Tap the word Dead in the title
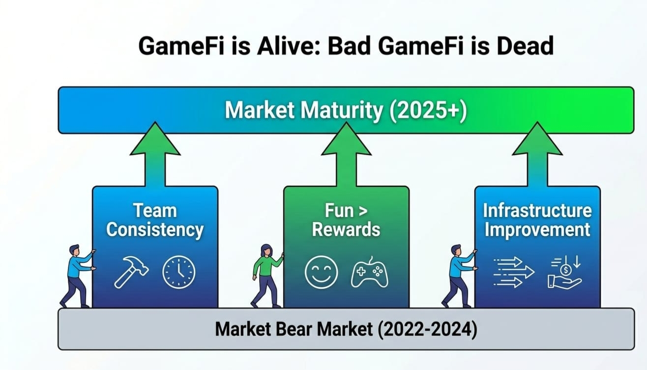[525, 46]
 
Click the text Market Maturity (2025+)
[346, 110]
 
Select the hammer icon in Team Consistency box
[131, 272]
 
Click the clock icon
[179, 272]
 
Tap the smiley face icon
[321, 272]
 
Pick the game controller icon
[369, 273]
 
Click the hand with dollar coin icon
[565, 272]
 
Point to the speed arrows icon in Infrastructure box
[514, 272]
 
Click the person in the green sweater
[267, 276]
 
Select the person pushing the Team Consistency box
[78, 276]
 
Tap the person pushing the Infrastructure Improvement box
[459, 276]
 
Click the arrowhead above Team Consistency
[155, 139]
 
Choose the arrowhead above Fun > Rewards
[346, 139]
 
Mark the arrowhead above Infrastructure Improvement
[537, 139]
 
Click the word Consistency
[155, 230]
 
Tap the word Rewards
[346, 229]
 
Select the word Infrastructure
[537, 211]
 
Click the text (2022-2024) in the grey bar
[428, 329]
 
